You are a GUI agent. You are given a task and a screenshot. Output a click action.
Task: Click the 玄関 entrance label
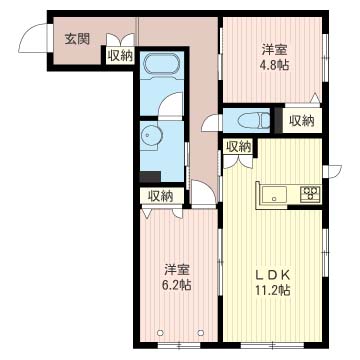pyautogui.click(x=77, y=39)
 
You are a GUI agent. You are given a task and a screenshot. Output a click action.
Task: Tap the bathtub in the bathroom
pyautogui.click(x=162, y=64)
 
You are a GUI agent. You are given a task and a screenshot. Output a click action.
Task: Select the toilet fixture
pyautogui.click(x=255, y=120)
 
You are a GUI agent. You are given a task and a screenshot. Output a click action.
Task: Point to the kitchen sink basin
pyautogui.click(x=274, y=193)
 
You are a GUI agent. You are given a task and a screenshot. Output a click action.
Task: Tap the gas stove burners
pyautogui.click(x=310, y=193)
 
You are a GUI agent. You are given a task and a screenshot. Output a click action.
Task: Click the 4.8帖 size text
pyautogui.click(x=274, y=64)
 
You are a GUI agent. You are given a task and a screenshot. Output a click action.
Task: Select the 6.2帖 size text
pyautogui.click(x=178, y=285)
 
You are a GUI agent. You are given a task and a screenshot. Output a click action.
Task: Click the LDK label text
pyautogui.click(x=273, y=275)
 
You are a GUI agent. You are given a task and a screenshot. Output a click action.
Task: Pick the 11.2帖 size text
pyautogui.click(x=273, y=290)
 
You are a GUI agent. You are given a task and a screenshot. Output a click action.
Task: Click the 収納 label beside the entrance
pyautogui.click(x=120, y=56)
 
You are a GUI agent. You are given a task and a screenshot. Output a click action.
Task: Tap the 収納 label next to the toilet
pyautogui.click(x=301, y=121)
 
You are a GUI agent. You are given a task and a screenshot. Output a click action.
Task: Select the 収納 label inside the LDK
pyautogui.click(x=238, y=147)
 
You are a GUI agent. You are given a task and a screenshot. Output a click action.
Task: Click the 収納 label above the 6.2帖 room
pyautogui.click(x=161, y=196)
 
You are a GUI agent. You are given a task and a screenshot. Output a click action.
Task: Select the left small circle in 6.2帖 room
pyautogui.click(x=160, y=332)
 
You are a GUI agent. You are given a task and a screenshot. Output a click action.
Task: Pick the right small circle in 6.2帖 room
pyautogui.click(x=201, y=332)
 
